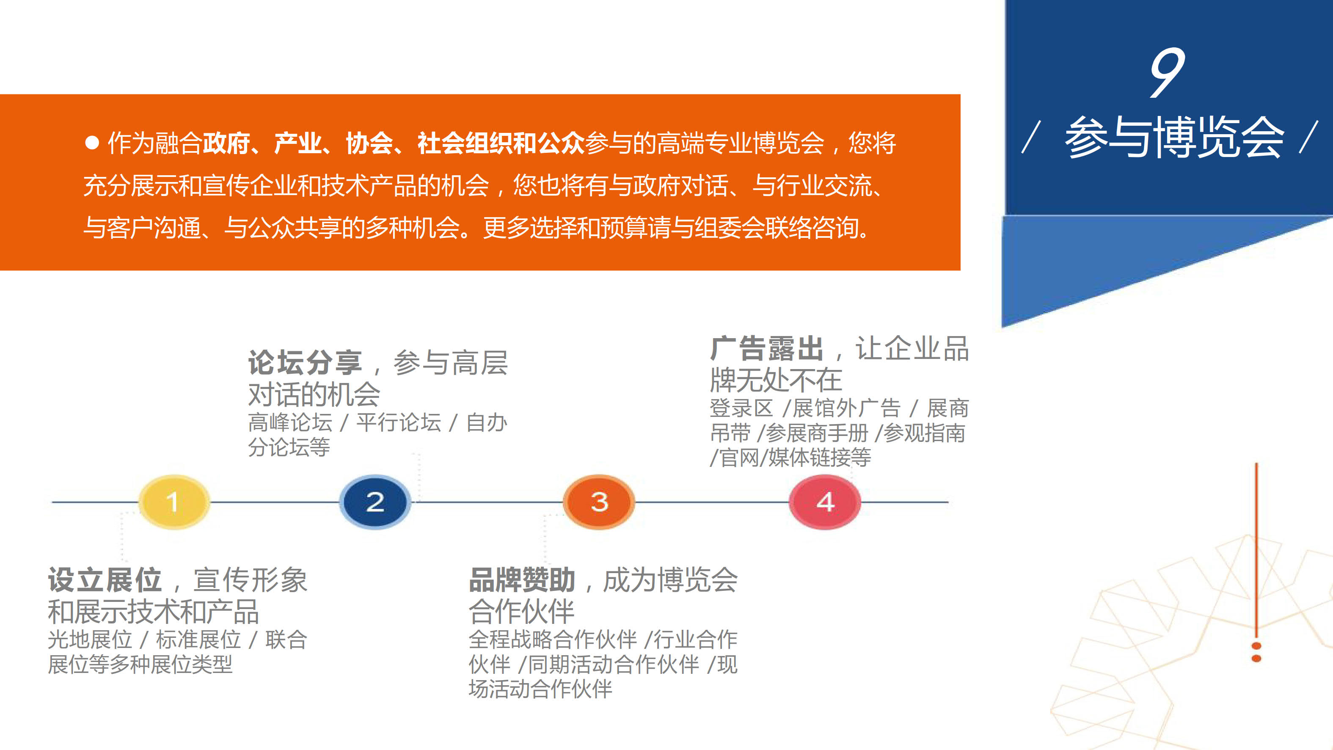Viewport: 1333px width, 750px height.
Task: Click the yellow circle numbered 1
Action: pos(174,502)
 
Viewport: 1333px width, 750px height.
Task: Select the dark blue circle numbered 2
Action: pos(375,502)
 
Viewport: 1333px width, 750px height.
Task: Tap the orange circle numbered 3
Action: pos(599,502)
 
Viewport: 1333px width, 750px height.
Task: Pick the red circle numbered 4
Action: pos(825,502)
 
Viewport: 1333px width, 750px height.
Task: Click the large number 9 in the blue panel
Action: pos(1166,72)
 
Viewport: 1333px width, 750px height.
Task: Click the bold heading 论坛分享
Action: pos(305,362)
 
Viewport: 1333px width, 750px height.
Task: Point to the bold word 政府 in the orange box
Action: pos(226,143)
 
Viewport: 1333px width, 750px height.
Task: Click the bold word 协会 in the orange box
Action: pos(369,143)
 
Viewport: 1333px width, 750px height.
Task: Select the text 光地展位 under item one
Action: pos(90,640)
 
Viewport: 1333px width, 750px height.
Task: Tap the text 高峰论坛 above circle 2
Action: pos(290,422)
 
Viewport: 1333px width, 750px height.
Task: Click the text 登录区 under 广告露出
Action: pos(741,408)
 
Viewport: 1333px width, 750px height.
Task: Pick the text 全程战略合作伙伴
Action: pos(553,640)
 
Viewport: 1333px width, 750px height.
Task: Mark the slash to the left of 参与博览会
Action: pos(1031,137)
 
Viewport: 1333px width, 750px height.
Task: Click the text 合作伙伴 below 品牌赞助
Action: pos(522,611)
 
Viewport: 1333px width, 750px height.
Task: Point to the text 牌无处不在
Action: pos(776,380)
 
